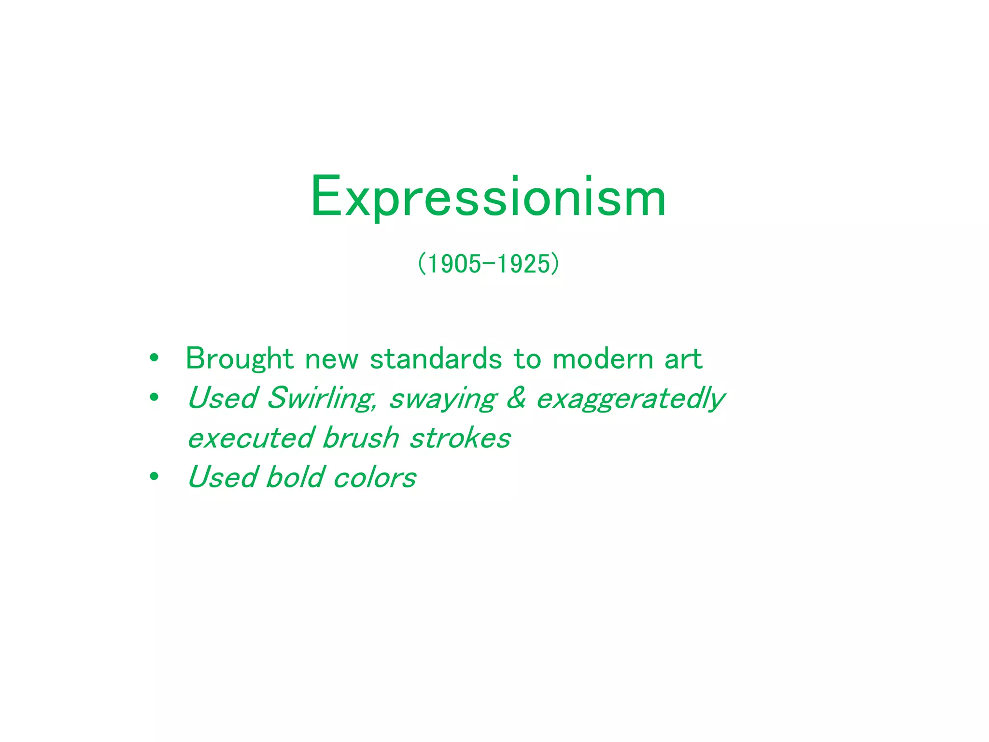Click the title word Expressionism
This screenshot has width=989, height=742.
coord(488,198)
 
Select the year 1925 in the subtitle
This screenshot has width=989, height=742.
coord(523,264)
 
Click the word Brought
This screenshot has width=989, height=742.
coord(240,359)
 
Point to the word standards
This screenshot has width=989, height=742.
coord(436,359)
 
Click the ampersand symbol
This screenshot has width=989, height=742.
coord(516,398)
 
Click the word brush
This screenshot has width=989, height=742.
coord(361,438)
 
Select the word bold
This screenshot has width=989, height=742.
coord(295,477)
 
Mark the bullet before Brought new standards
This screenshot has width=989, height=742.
coord(154,358)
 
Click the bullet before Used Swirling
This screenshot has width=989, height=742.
coord(154,398)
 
